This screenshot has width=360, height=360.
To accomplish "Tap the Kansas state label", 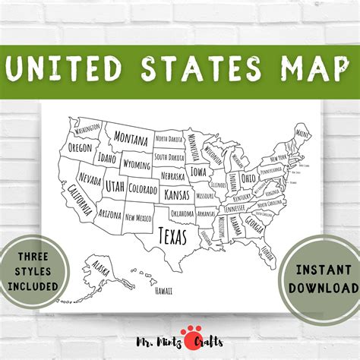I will coord(177,195).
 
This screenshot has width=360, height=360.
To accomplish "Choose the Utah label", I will coord(115,185).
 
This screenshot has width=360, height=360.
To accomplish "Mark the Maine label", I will coord(302,134).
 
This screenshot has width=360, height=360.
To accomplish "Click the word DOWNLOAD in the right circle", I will coord(322,288).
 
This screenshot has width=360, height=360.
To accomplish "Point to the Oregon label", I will coord(79,147).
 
